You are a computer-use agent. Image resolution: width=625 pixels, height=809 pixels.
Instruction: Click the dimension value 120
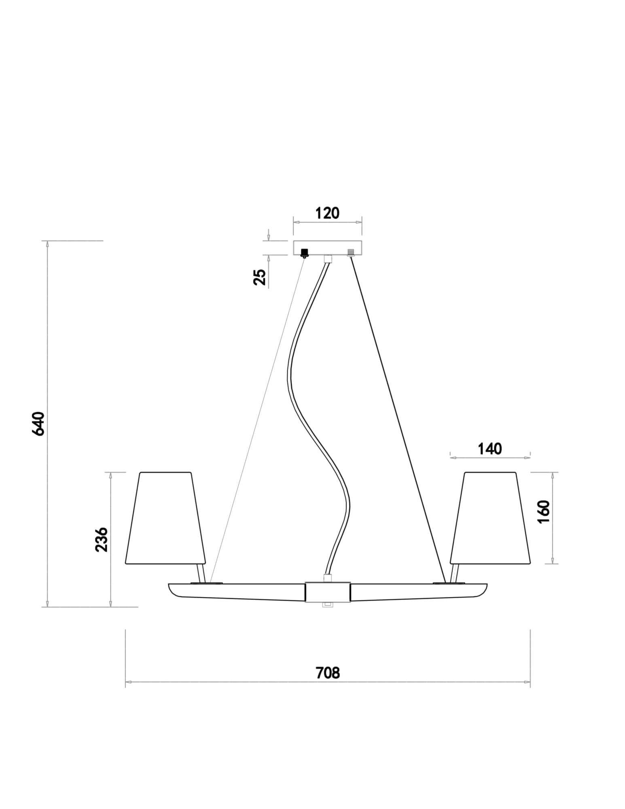click(327, 213)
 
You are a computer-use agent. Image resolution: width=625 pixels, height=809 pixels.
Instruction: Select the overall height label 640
click(38, 424)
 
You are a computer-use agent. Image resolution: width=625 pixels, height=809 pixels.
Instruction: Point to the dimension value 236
click(102, 539)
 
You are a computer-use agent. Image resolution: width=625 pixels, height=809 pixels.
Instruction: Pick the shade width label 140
click(490, 449)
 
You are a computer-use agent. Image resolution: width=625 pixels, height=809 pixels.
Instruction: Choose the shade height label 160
click(544, 512)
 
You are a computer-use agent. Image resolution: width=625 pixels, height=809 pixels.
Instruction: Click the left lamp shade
click(166, 518)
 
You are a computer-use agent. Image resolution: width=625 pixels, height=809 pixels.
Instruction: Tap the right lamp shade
click(490, 518)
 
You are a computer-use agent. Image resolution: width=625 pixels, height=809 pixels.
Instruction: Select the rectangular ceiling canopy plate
click(327, 248)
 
